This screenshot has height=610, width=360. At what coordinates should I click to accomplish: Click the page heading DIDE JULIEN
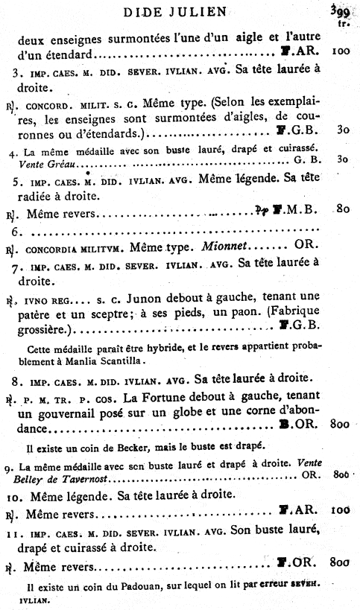point(180,12)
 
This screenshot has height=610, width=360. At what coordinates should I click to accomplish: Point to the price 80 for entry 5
point(342,209)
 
